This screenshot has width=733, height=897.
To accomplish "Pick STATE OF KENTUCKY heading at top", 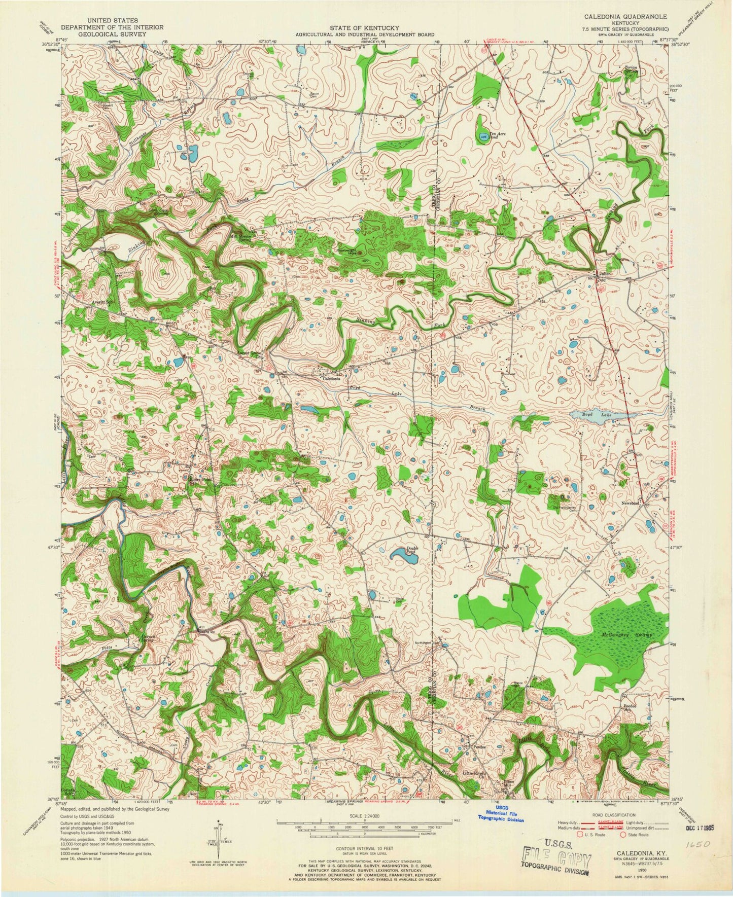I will pyautogui.click(x=365, y=28).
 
